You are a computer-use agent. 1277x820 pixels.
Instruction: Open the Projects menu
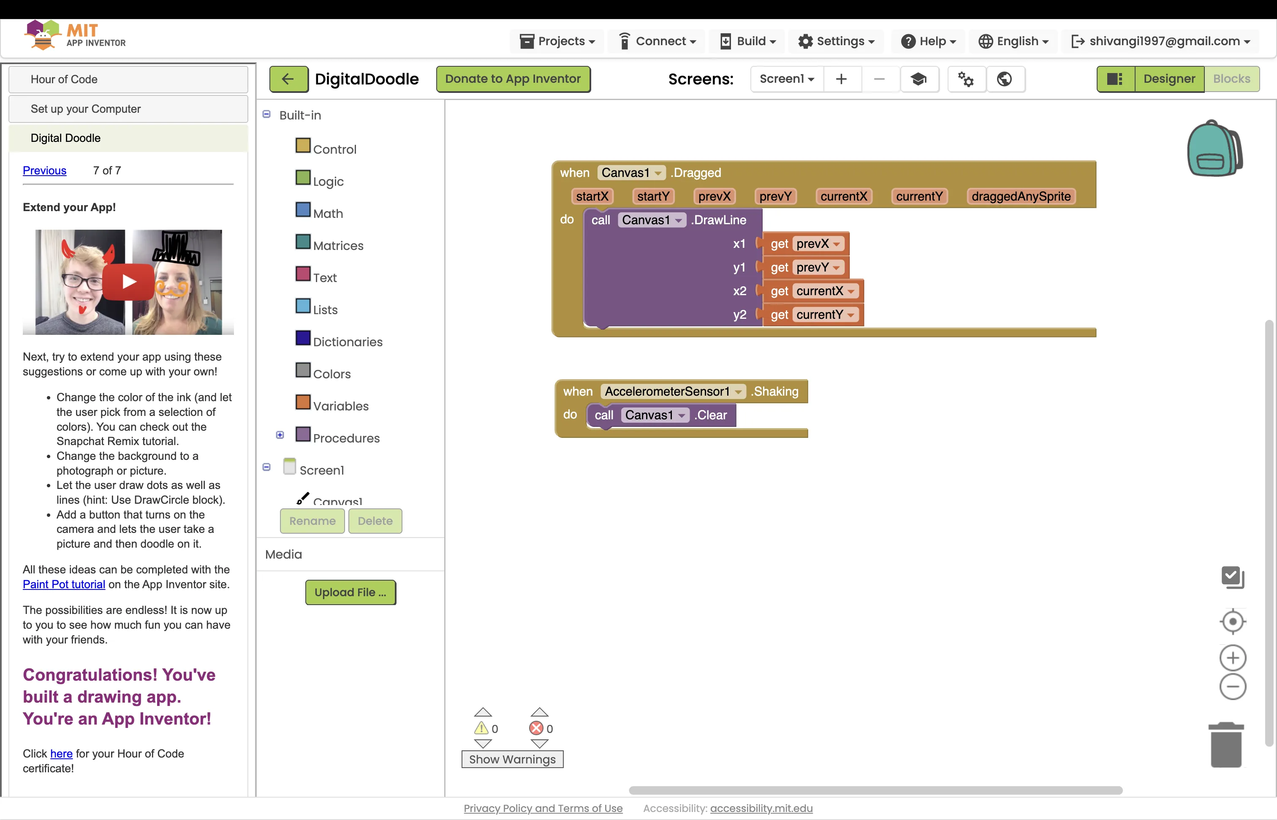[x=557, y=41]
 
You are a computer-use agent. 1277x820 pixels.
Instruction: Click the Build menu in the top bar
[x=748, y=41]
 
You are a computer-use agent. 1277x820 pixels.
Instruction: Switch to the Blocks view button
[x=1231, y=79]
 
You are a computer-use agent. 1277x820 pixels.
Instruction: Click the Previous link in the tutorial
[x=45, y=171]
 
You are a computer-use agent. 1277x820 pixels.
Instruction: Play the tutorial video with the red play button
[x=129, y=282]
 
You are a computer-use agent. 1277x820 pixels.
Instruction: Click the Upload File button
[x=350, y=592]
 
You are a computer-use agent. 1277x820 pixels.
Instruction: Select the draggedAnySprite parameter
[x=1021, y=196]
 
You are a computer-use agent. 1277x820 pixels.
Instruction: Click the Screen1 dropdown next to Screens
[x=787, y=79]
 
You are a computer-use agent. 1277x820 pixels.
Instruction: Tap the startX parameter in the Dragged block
[x=592, y=196]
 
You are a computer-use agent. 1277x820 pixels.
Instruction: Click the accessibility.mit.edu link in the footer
[x=761, y=808]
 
